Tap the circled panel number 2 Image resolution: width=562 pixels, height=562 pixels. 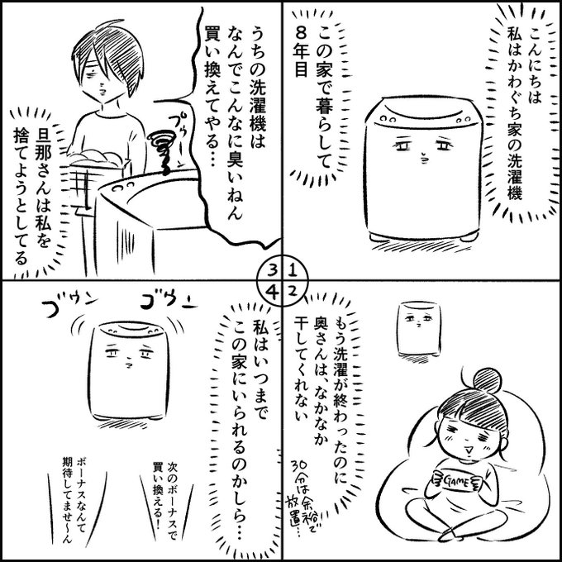point(292,292)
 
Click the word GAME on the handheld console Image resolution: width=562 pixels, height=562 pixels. point(455,481)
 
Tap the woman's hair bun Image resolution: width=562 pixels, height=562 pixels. point(487,380)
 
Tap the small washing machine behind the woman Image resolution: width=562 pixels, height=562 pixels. point(419,329)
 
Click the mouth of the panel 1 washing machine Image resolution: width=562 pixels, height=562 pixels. point(424,158)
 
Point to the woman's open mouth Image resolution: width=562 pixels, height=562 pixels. point(468,448)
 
